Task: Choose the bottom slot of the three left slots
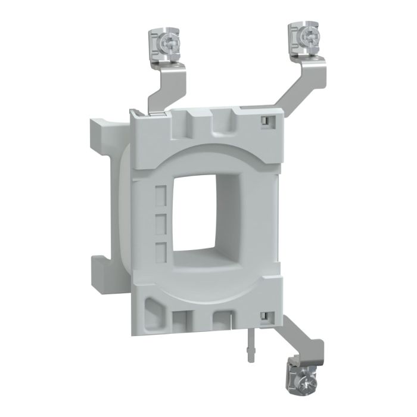click(160, 250)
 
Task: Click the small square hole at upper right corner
click(263, 121)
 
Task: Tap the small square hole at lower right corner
click(262, 315)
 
